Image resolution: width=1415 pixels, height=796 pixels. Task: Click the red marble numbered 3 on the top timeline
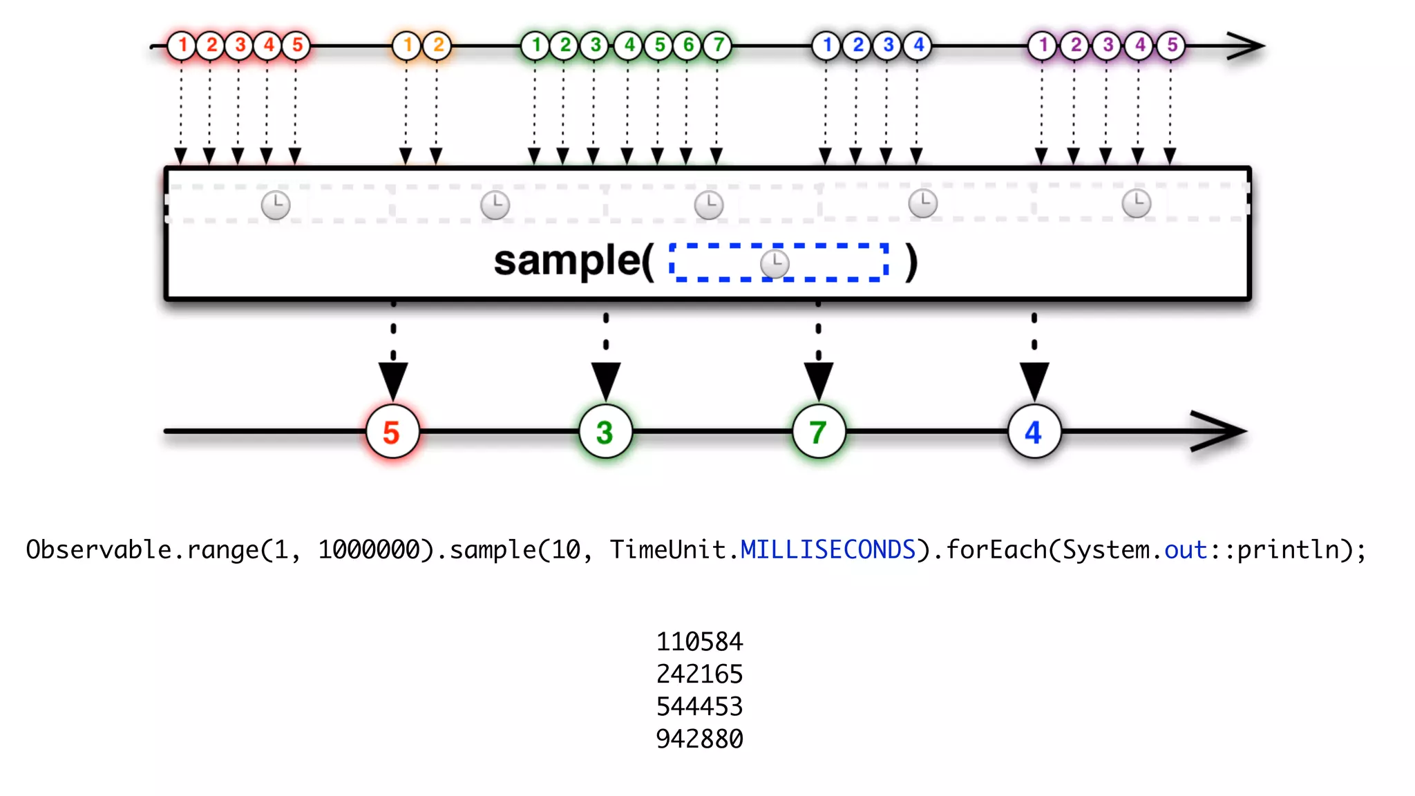(240, 46)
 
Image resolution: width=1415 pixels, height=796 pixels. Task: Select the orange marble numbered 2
(437, 46)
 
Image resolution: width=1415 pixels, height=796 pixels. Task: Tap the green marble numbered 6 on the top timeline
(688, 46)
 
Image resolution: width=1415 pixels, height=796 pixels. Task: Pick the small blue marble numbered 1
(826, 46)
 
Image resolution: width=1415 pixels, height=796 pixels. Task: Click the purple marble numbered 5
(1172, 46)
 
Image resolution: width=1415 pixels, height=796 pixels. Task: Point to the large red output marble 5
(392, 433)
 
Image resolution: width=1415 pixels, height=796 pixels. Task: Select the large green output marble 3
(605, 433)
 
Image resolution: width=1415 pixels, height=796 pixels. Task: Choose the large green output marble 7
(819, 433)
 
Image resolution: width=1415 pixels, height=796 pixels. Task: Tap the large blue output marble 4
(1034, 433)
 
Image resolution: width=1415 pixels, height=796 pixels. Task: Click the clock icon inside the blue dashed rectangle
(775, 263)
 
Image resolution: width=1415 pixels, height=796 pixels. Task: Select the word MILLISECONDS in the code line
(828, 550)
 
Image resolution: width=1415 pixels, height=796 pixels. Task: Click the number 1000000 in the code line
(369, 550)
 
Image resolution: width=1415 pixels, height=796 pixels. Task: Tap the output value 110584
(699, 642)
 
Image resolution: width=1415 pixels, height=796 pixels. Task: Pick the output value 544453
(699, 707)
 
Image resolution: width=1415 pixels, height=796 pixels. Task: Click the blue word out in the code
(1186, 550)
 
